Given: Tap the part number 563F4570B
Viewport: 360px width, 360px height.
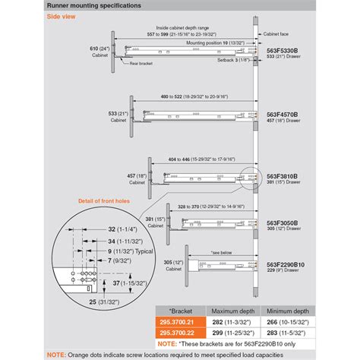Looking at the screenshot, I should (x=281, y=115).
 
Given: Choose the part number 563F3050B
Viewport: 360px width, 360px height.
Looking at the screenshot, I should (x=281, y=223).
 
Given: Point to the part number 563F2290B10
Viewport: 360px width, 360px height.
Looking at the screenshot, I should (x=286, y=264).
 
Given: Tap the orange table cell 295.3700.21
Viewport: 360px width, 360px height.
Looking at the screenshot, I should (x=178, y=322).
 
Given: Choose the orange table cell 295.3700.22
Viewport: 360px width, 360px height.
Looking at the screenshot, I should (x=178, y=332).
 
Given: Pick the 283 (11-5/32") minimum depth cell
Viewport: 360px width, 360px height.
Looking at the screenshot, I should (x=293, y=332).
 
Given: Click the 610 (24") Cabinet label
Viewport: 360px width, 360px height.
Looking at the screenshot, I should (x=96, y=50).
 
